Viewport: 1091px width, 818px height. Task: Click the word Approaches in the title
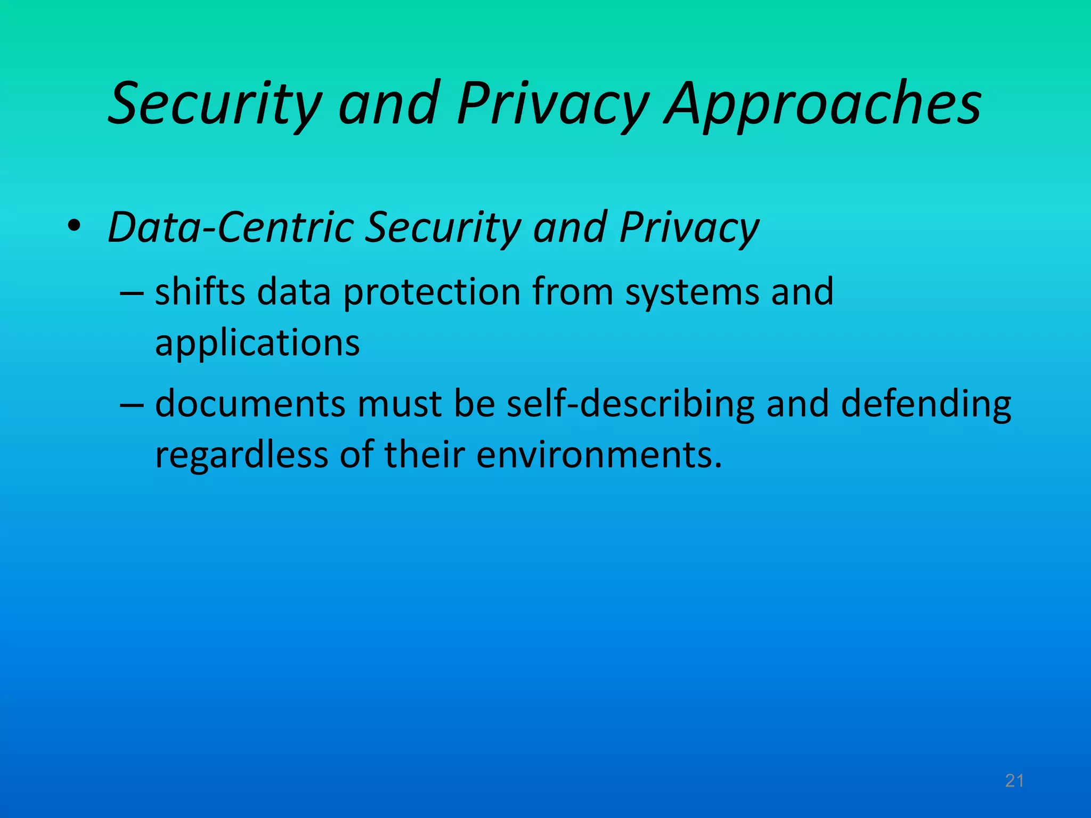coord(823,104)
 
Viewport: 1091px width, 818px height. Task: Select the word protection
coord(431,293)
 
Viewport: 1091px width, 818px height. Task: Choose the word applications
coord(257,343)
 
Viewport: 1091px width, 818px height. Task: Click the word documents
coord(250,403)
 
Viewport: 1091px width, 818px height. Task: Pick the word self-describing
coord(630,404)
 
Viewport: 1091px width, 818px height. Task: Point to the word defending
coord(926,404)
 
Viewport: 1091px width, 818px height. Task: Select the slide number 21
coord(1014,781)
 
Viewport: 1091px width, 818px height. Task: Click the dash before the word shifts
coord(132,293)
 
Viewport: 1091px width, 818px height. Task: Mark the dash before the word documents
coord(132,404)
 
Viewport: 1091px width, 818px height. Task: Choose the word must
coord(400,404)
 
